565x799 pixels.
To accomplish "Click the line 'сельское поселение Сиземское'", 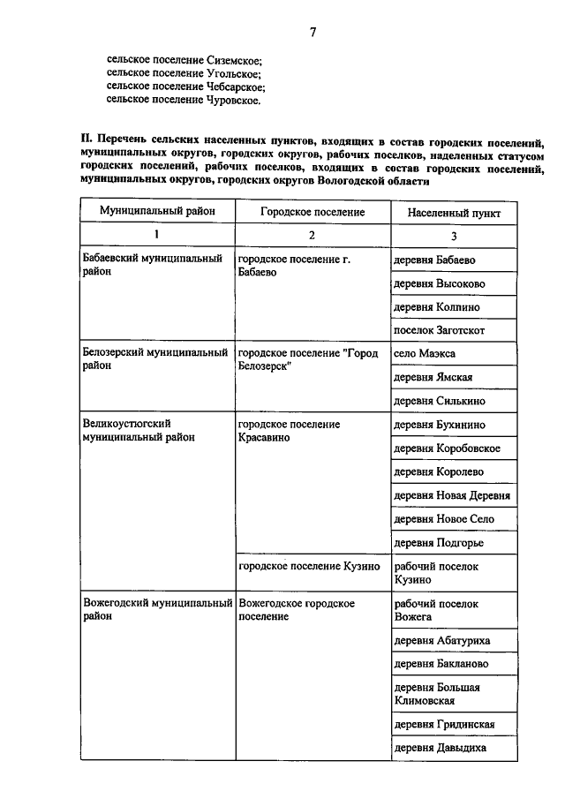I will (x=185, y=57).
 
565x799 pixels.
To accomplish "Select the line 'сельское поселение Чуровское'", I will (x=184, y=100).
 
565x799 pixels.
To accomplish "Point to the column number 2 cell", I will (x=312, y=235).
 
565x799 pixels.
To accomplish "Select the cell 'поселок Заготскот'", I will (x=440, y=330).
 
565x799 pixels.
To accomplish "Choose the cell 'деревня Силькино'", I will (x=439, y=401).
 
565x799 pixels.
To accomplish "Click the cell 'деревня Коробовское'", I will (x=447, y=448).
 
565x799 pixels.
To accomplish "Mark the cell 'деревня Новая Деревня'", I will (x=452, y=495).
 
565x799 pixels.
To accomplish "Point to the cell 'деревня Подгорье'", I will (x=439, y=542).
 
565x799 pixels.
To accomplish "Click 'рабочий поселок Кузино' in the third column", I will (x=436, y=573).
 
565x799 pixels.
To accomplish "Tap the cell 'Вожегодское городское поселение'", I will (x=297, y=609).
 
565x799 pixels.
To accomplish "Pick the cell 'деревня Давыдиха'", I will (x=440, y=748).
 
